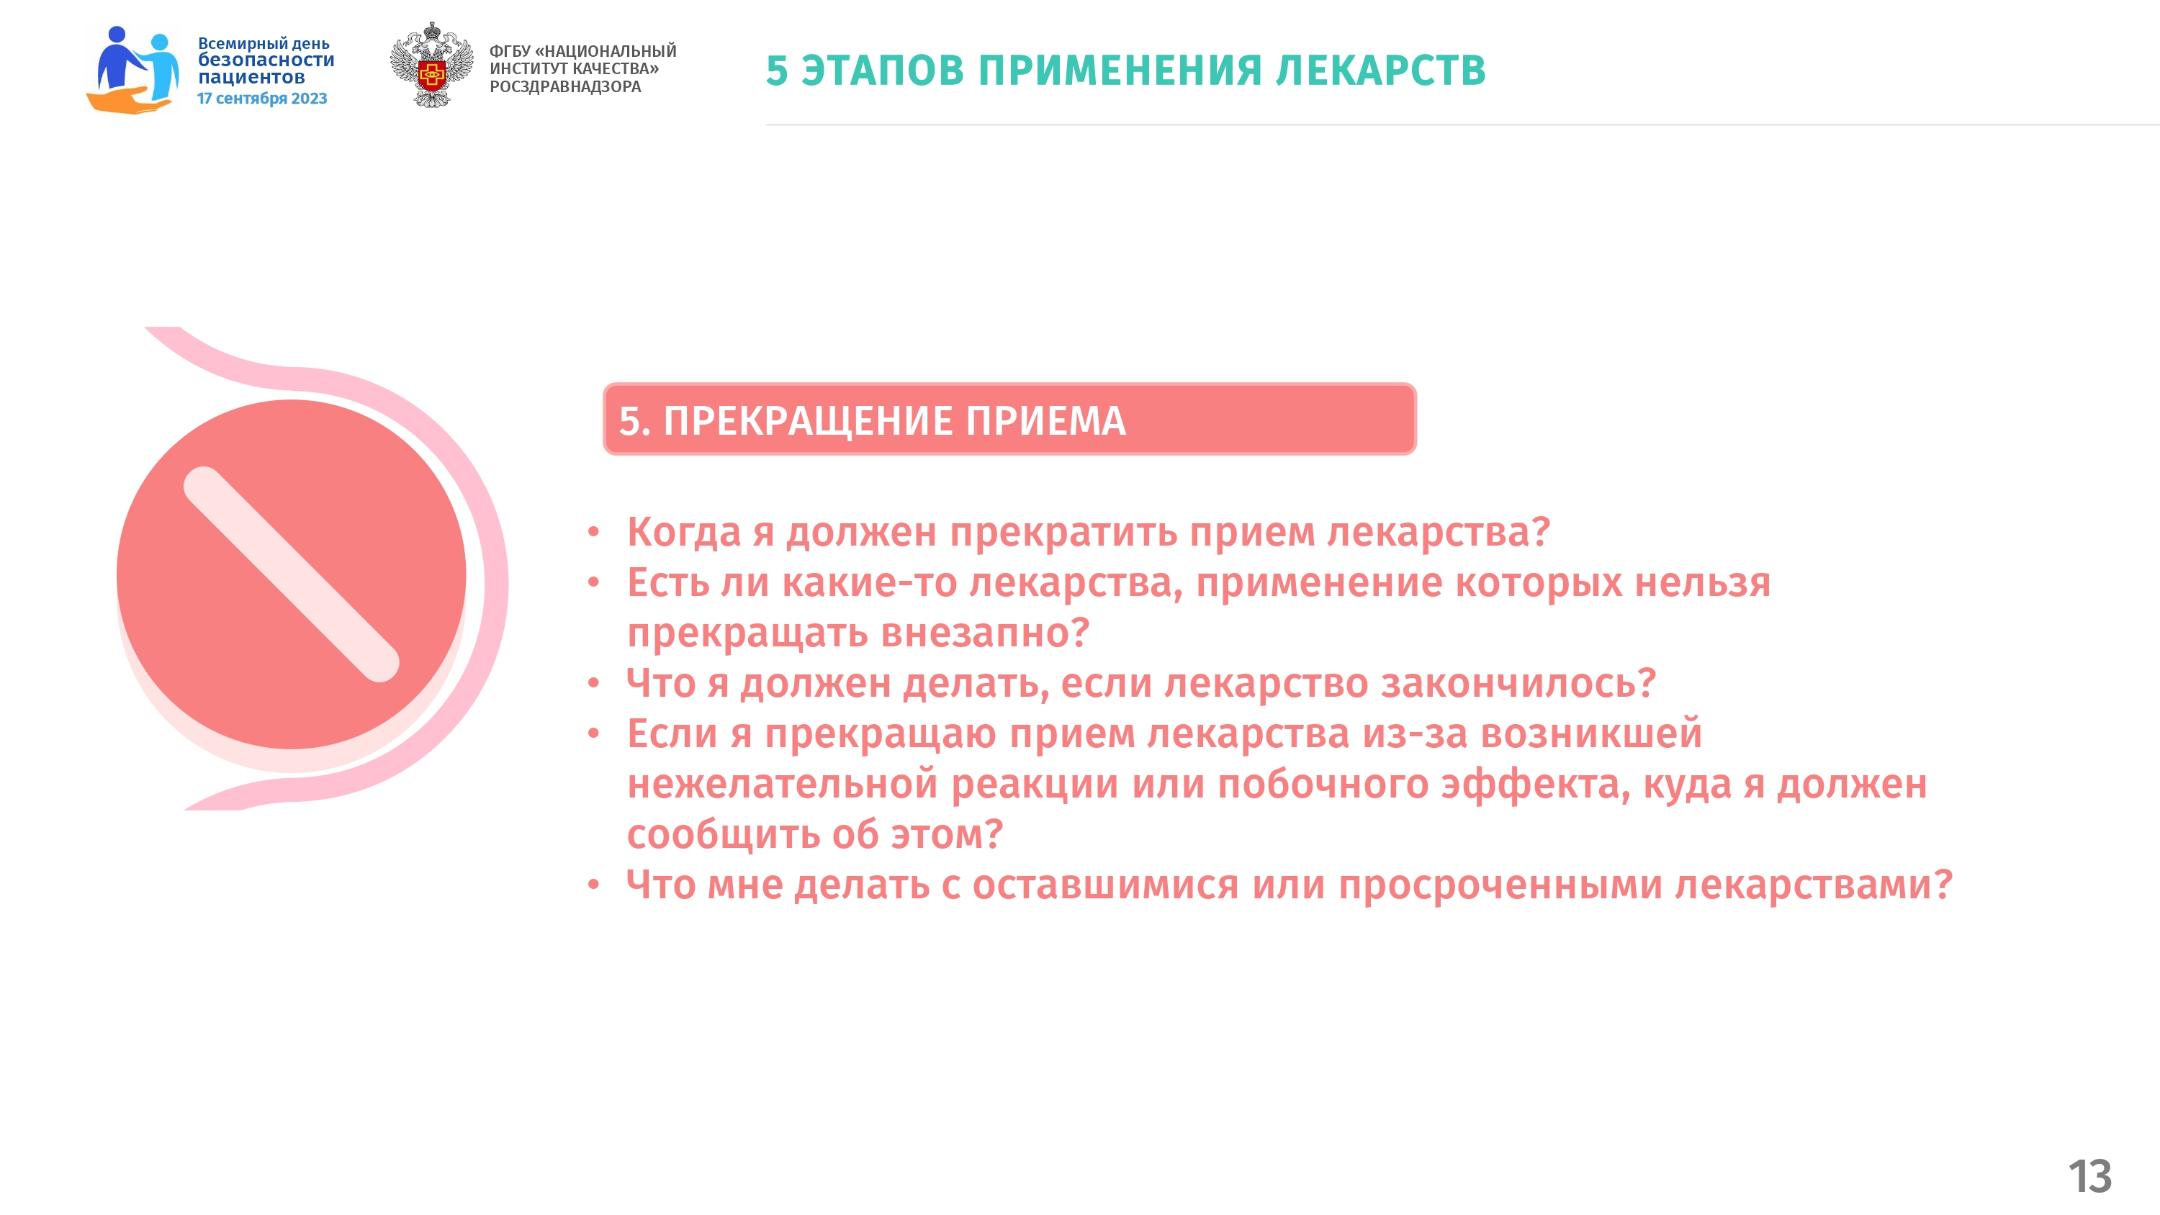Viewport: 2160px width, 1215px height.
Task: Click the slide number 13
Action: tap(2089, 1176)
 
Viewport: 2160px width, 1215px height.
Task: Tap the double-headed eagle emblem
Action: tap(431, 65)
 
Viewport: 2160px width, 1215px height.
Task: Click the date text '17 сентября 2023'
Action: tap(261, 98)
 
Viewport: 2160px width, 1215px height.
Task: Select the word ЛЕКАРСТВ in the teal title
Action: tap(1380, 70)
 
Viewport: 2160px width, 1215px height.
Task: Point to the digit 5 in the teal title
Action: tap(778, 70)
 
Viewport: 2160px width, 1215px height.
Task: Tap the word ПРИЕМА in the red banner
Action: tap(1045, 421)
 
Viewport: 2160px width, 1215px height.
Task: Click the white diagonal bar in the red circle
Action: tap(291, 574)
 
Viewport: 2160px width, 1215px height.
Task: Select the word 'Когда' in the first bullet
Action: tap(684, 533)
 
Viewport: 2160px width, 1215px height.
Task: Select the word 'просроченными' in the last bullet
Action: tap(1500, 885)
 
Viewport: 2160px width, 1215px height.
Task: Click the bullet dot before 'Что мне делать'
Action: tap(594, 885)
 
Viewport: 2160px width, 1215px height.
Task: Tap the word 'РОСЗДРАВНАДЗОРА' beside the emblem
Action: tap(565, 86)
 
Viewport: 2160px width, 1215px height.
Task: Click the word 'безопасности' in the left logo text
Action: tap(266, 60)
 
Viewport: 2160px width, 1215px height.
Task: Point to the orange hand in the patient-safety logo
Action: tap(128, 100)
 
